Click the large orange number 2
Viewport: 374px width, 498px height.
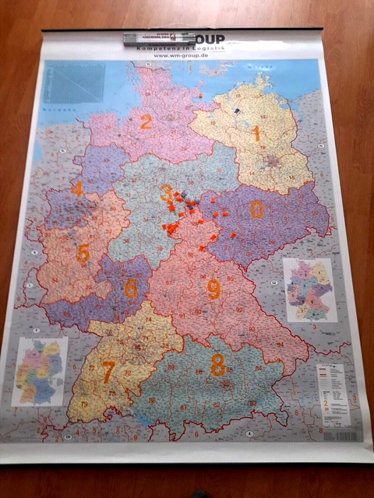[146, 122]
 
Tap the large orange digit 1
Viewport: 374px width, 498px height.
[255, 134]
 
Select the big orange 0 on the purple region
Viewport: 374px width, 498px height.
[256, 209]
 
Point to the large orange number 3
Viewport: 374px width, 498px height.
[166, 192]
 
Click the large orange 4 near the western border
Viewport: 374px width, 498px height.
[76, 189]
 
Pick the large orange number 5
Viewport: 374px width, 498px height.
[83, 253]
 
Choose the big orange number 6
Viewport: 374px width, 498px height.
[130, 289]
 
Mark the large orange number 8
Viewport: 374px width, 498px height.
[217, 363]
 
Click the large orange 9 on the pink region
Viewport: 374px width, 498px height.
[213, 289]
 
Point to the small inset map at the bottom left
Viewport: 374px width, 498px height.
[41, 371]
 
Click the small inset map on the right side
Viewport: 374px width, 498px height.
[310, 289]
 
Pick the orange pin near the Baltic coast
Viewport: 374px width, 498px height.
[200, 96]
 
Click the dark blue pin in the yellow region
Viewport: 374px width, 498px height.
[236, 111]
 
